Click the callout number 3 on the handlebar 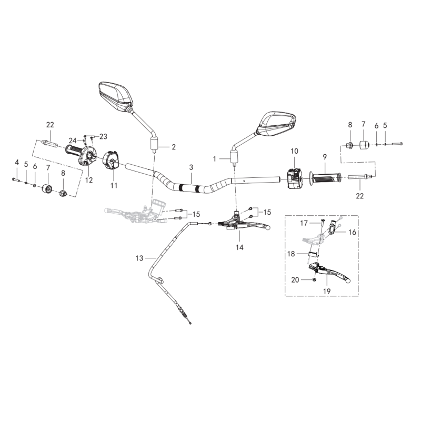[192, 167]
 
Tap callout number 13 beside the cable [139, 258]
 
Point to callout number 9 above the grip [325, 156]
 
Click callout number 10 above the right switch [294, 152]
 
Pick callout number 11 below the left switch [114, 185]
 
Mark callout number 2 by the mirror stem [174, 146]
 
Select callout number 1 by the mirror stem [214, 158]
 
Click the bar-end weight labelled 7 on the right [363, 144]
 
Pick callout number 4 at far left [16, 162]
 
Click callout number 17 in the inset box [304, 223]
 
